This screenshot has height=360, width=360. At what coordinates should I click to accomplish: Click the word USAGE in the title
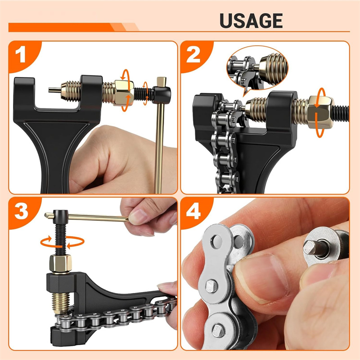[251, 21]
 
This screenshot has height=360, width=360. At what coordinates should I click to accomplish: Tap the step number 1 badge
[20, 54]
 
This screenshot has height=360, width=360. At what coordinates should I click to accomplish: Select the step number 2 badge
[193, 54]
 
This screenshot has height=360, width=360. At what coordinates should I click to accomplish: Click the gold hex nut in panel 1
[124, 93]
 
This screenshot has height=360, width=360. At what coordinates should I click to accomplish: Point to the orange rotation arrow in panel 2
[321, 112]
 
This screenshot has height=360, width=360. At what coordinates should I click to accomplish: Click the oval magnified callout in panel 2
[257, 68]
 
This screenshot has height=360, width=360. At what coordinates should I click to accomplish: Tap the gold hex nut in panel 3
[60, 264]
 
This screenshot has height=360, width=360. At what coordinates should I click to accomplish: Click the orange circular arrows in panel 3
[62, 242]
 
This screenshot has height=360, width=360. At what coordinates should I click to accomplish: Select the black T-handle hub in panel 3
[60, 216]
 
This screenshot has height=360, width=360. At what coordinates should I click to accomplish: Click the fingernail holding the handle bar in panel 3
[138, 217]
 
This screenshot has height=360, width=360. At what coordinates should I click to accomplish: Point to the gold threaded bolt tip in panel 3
[60, 303]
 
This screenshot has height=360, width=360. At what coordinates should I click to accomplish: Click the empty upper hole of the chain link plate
[216, 242]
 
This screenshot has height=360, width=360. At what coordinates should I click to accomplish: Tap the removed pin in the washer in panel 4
[313, 247]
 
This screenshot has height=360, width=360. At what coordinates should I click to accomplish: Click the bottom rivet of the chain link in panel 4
[218, 331]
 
